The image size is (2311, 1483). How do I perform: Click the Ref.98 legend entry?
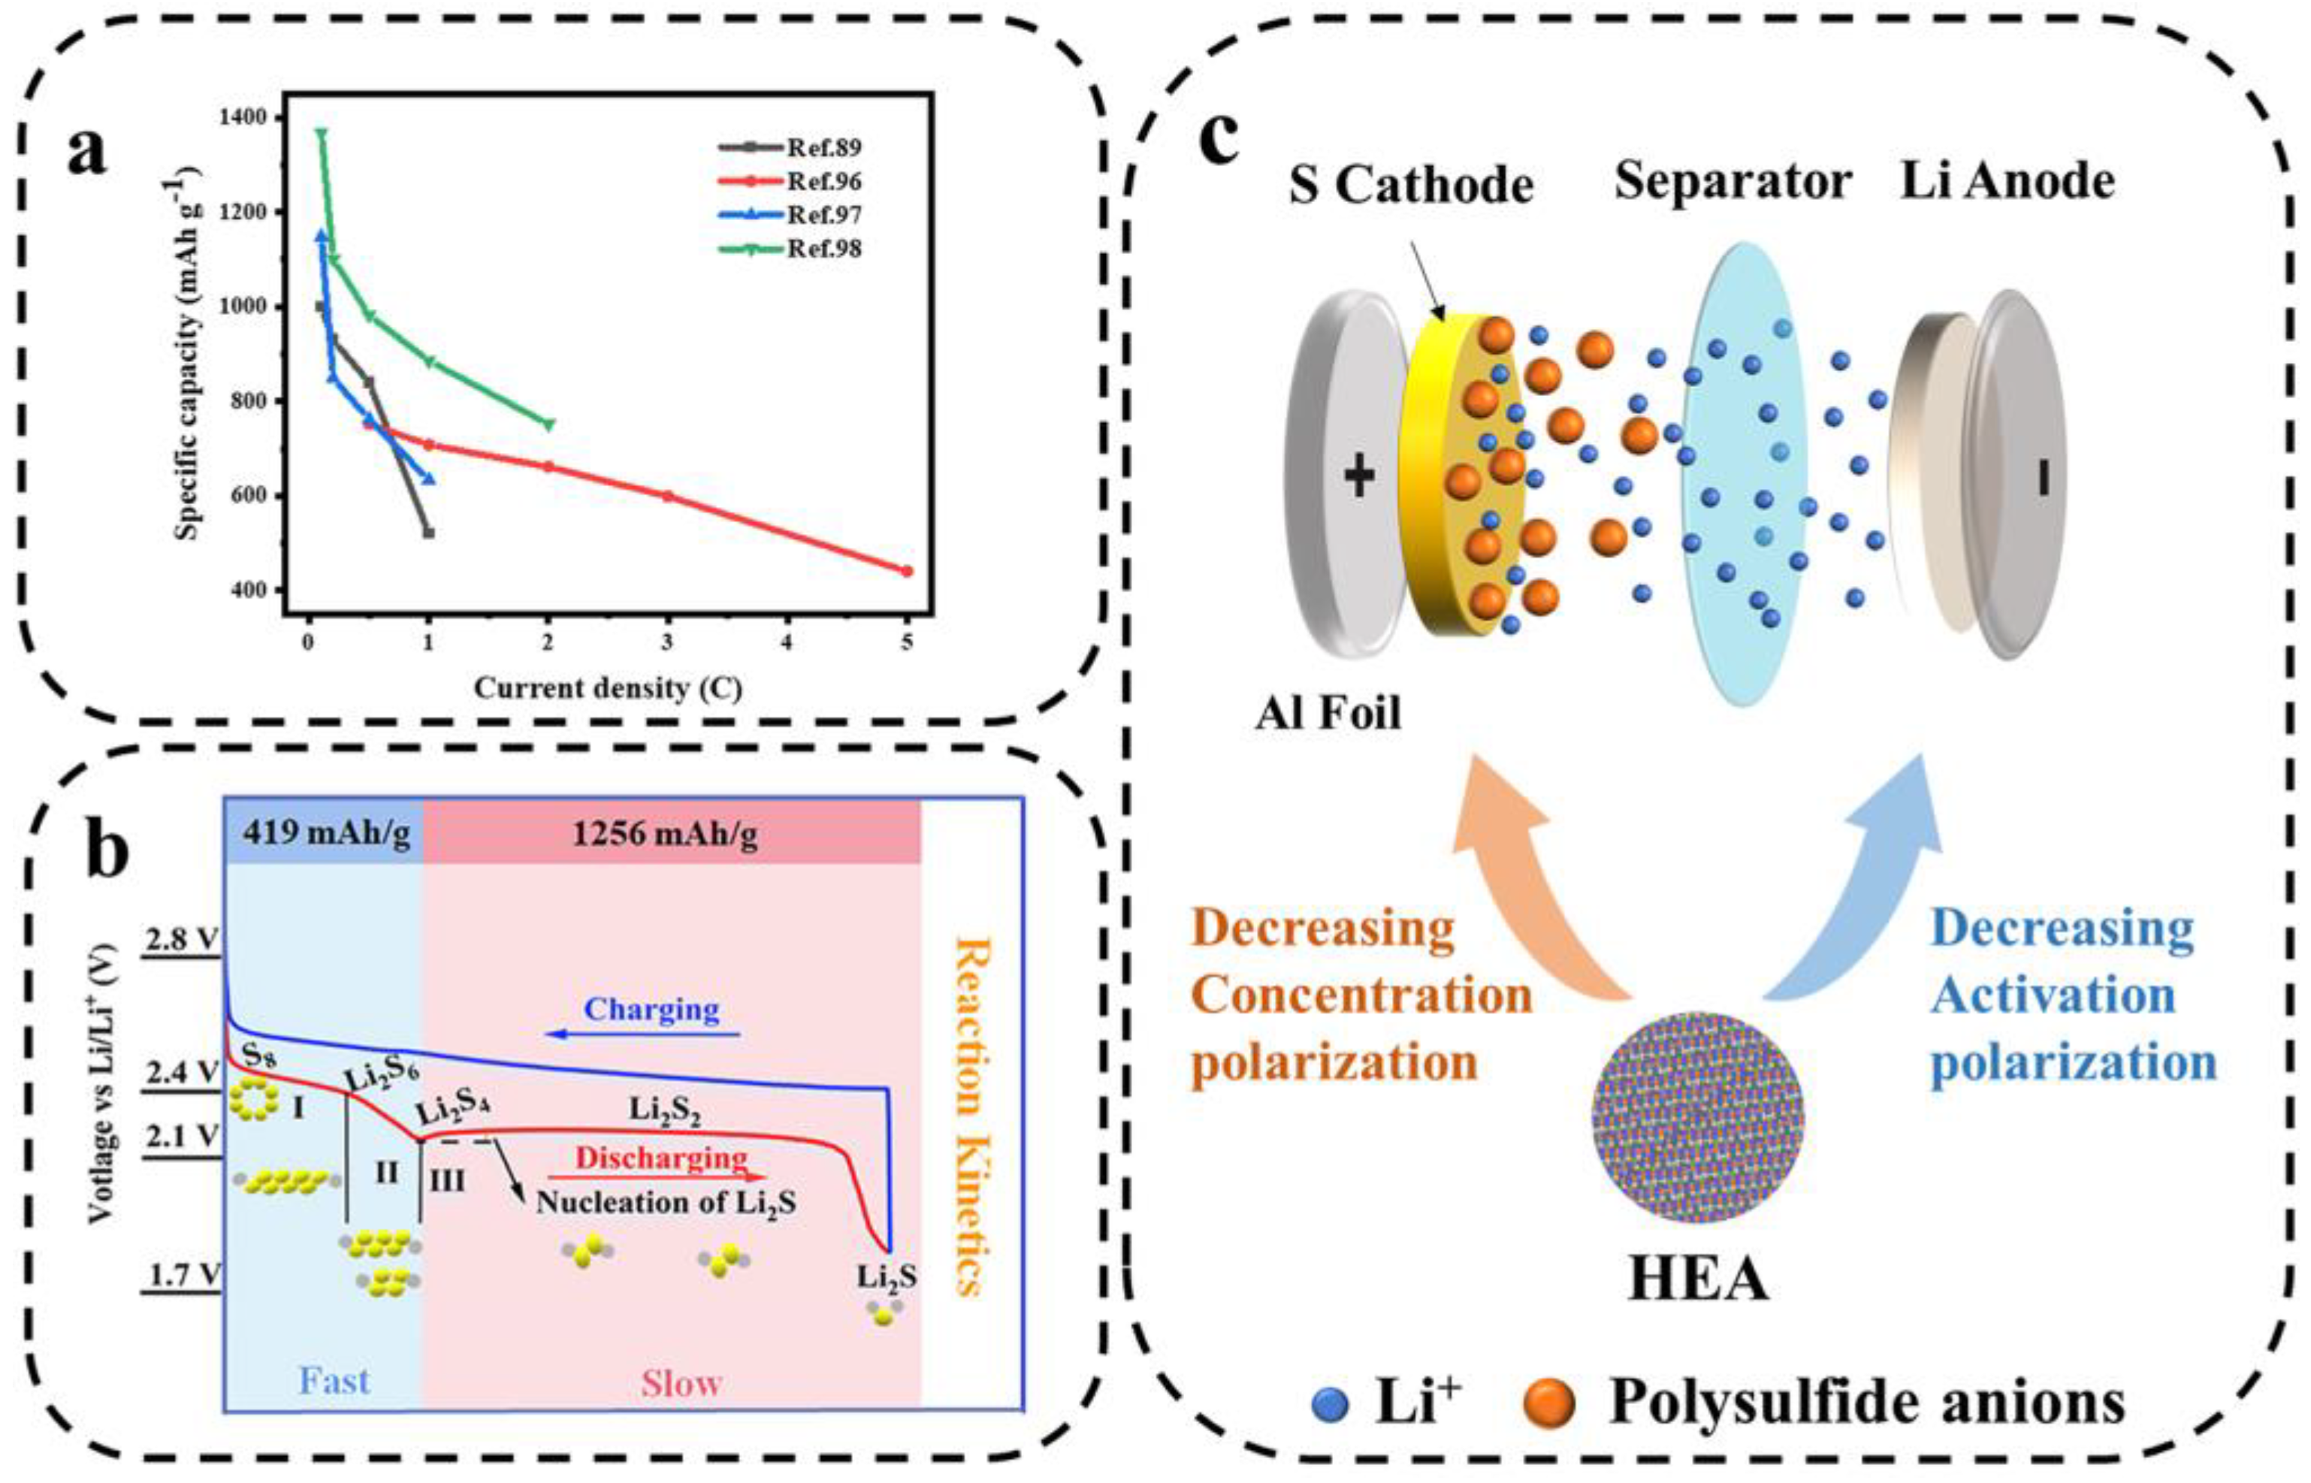point(823,249)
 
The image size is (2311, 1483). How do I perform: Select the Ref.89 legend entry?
point(823,148)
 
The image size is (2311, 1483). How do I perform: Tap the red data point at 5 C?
point(905,571)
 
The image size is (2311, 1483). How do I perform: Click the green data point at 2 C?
point(549,424)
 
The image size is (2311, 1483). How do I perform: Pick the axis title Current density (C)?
point(608,688)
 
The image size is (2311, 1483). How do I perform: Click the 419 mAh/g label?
point(326,831)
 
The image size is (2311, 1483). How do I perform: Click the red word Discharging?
point(660,1158)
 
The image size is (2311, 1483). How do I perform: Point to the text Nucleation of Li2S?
point(666,1203)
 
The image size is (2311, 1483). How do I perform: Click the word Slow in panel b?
point(681,1384)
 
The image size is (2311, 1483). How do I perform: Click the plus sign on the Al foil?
point(1358,476)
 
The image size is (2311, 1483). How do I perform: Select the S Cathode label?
point(1411,184)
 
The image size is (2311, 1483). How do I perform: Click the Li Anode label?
point(2007,182)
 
